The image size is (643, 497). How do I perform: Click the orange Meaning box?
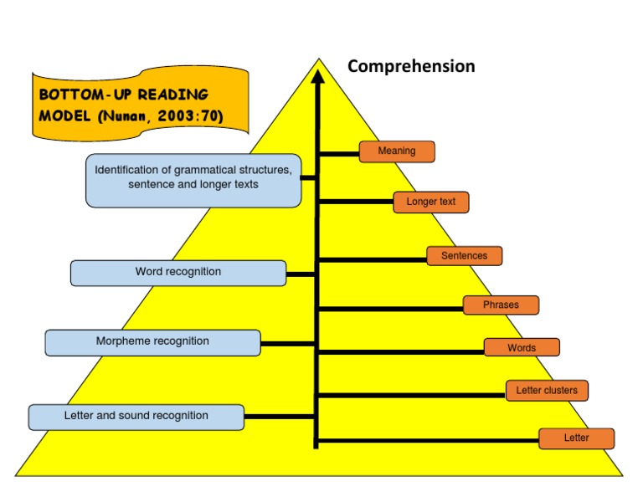(397, 151)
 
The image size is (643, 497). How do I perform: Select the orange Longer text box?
(431, 202)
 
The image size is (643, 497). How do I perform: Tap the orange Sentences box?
(464, 255)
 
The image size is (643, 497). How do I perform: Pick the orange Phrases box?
(501, 305)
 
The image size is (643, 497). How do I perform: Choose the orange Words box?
(522, 347)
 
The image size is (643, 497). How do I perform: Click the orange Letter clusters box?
(547, 390)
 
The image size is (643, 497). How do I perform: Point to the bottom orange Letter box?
(576, 438)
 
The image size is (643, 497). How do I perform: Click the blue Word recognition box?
(178, 273)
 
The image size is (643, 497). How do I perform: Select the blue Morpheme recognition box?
(152, 342)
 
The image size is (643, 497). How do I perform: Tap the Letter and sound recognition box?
(136, 417)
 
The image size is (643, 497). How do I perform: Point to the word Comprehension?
(411, 66)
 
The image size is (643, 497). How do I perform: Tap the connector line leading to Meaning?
(339, 153)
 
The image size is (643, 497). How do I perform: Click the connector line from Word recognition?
(301, 274)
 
